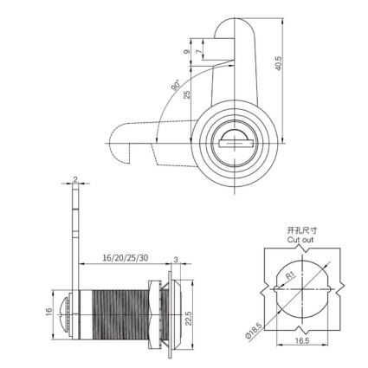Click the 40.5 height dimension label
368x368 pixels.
click(278, 63)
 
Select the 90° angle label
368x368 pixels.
click(176, 85)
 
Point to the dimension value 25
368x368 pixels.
click(187, 94)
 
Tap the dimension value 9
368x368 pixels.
click(187, 52)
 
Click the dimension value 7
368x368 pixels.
click(199, 52)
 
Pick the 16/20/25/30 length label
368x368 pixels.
click(126, 258)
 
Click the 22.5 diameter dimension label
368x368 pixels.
click(188, 319)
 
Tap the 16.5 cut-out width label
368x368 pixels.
click(302, 340)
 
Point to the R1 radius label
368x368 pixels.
click(291, 275)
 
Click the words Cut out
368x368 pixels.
click(300, 240)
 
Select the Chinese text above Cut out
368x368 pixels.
click(301, 230)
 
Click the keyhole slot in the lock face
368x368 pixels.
click(236, 144)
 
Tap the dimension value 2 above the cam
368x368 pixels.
click(75, 179)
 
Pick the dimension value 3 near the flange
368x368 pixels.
click(176, 260)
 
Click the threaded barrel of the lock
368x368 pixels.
click(119, 314)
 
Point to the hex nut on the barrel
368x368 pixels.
click(154, 314)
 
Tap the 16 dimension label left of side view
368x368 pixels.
click(48, 312)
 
